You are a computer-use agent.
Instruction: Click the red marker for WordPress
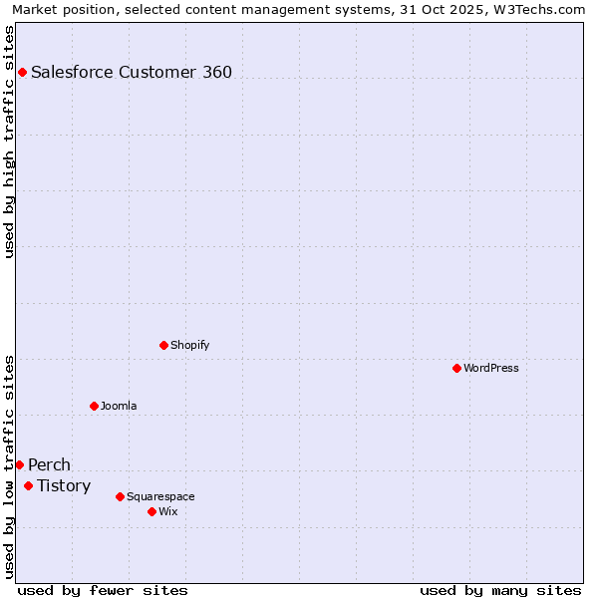[456, 368]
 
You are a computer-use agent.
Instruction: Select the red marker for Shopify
[163, 345]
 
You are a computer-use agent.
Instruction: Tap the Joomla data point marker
[94, 406]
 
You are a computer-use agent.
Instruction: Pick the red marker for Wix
[151, 511]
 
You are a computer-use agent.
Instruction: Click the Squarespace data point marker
[120, 496]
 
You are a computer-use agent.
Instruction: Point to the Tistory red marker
[28, 485]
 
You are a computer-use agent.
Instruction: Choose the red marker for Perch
[19, 464]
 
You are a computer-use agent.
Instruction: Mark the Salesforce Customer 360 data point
[22, 72]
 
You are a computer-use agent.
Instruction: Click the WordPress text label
[491, 368]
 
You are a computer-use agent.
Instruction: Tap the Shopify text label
[189, 345]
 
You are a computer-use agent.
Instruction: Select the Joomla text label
[119, 406]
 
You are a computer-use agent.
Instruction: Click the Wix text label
[167, 511]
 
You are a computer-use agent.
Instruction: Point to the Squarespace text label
[160, 496]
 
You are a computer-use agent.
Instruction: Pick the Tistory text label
[64, 485]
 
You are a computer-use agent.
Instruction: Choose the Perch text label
[49, 464]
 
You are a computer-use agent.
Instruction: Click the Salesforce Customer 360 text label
[132, 72]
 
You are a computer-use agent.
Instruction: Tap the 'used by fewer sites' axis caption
[103, 590]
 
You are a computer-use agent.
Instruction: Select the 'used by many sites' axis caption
[500, 590]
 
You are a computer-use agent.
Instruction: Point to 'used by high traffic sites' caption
[9, 142]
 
